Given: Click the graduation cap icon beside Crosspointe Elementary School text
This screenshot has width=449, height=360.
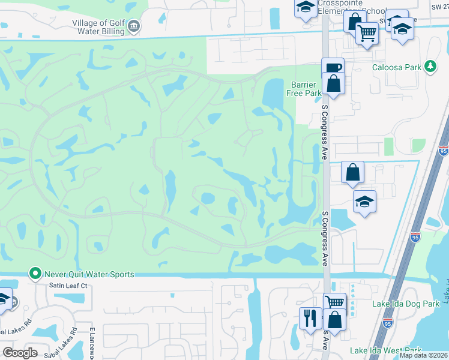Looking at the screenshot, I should [306, 8].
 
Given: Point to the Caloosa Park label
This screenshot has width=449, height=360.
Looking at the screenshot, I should [396, 67].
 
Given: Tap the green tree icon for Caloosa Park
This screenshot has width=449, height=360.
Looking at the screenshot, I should [430, 67].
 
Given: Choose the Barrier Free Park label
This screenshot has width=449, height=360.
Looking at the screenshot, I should [306, 89].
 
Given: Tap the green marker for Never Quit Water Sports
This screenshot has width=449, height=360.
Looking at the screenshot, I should [36, 274].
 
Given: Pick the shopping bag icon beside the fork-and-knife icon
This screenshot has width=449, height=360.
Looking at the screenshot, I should [335, 319].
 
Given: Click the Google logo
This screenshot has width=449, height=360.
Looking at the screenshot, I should [20, 353].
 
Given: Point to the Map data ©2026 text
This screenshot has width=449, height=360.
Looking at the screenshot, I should [423, 355].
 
